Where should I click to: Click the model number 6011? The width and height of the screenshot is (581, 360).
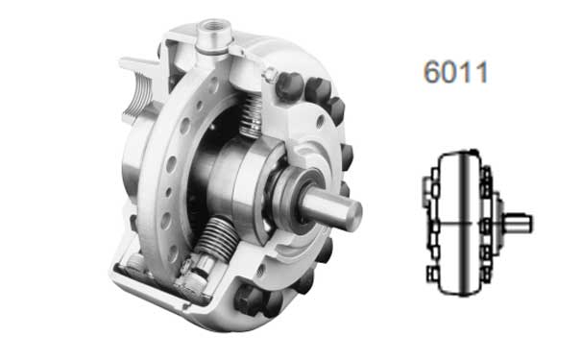[456, 71]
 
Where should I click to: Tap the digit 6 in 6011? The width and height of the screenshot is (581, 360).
[432, 71]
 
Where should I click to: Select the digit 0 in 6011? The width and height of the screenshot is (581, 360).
[449, 71]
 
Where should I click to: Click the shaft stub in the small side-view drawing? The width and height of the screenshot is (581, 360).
[518, 223]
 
